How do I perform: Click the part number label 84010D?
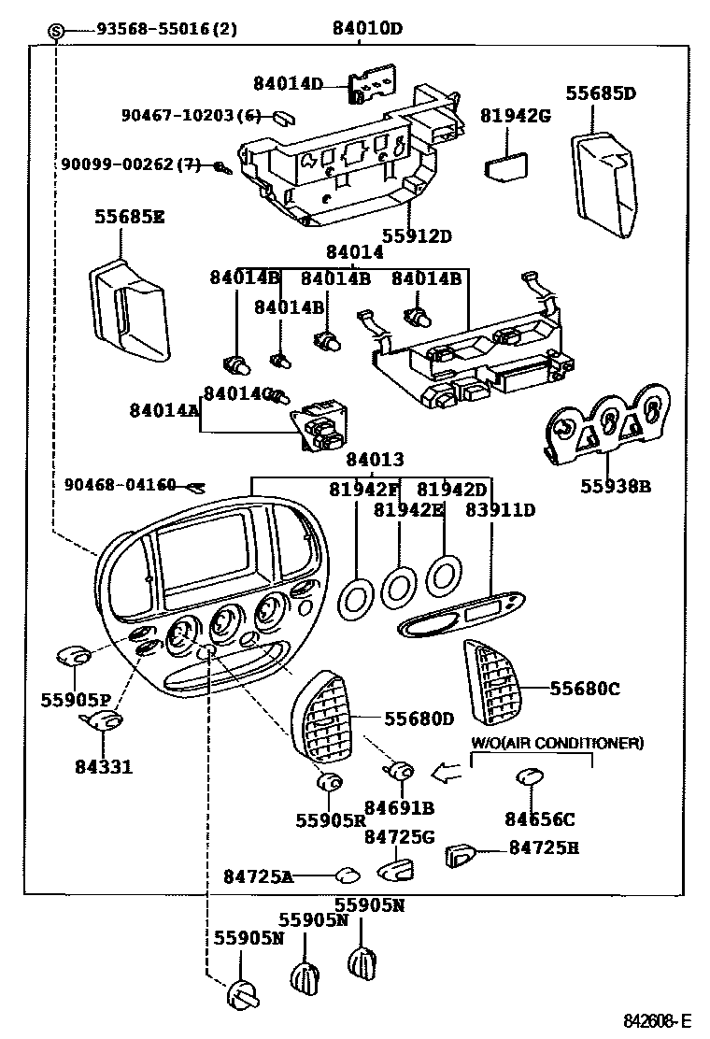click(x=366, y=29)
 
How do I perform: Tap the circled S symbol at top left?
click(x=57, y=30)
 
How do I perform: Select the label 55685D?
click(x=600, y=93)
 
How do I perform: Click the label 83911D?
click(x=501, y=510)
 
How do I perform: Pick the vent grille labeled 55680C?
click(x=494, y=683)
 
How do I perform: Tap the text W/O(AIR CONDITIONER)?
click(x=556, y=743)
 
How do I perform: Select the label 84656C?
click(x=540, y=819)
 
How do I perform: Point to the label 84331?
click(x=104, y=767)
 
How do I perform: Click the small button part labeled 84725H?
click(x=462, y=853)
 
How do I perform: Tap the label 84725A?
click(x=258, y=876)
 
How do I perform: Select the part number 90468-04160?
click(x=121, y=484)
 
